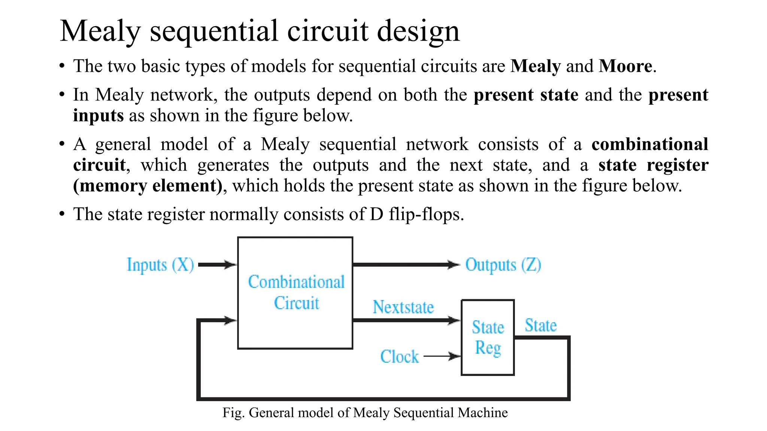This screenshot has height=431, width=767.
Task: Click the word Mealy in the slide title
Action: tap(100, 31)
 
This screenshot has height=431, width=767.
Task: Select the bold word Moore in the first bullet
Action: tap(625, 66)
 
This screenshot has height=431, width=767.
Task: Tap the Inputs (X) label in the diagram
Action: tap(160, 265)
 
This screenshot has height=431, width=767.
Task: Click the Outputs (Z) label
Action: tap(503, 265)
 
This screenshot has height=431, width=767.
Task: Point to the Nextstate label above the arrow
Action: tap(403, 307)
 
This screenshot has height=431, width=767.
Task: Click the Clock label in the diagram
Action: tap(399, 356)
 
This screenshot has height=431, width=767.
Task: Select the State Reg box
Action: tap(488, 337)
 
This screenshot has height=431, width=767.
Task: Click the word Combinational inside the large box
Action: tap(296, 282)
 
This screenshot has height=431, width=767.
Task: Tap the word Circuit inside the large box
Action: tap(296, 303)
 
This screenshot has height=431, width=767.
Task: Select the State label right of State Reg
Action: tap(540, 325)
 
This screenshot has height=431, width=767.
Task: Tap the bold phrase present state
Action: tap(525, 95)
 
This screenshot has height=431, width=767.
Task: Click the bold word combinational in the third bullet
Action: tap(649, 144)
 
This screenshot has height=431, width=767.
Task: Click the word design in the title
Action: tap(418, 31)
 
